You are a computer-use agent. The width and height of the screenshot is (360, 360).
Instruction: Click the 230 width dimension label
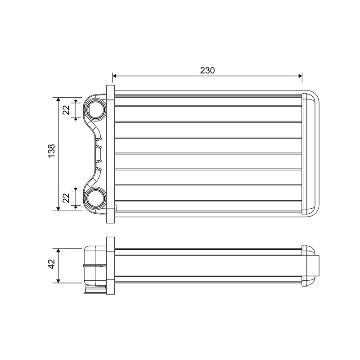coord(207,70)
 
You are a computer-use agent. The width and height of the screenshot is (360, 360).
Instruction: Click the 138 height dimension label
coord(51,151)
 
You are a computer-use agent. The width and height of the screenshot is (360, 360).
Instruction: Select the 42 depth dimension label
coord(51,264)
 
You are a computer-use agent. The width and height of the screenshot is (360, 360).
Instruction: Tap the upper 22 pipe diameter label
coord(66,110)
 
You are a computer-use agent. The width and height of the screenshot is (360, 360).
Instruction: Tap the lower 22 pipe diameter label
coord(66,198)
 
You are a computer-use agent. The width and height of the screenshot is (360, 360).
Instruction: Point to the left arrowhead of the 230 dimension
coord(115,76)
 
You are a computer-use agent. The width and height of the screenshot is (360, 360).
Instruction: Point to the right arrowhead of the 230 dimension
coord(300,76)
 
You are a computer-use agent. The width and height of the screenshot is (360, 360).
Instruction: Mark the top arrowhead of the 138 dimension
coord(58,99)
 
